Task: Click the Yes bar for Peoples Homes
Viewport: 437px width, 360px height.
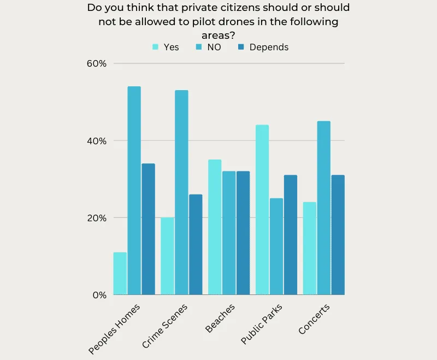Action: [x=120, y=274]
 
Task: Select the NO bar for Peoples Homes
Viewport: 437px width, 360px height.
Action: [x=134, y=191]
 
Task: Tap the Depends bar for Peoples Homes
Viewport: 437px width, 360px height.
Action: [x=149, y=229]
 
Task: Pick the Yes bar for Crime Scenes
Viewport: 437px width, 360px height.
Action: [x=167, y=256]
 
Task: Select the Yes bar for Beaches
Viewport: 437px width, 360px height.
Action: [x=215, y=227]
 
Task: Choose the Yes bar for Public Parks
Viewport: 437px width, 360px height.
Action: [x=262, y=210]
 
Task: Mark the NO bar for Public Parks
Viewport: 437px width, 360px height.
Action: [x=276, y=246]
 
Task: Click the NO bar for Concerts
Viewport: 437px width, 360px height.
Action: [x=323, y=208]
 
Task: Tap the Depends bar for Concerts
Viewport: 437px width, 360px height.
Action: [x=338, y=235]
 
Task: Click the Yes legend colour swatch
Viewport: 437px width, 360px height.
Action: [x=156, y=48]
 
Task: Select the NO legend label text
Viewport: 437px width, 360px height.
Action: [x=214, y=48]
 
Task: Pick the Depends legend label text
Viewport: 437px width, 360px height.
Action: [x=269, y=48]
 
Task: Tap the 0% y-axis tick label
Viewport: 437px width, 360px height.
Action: [x=98, y=295]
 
